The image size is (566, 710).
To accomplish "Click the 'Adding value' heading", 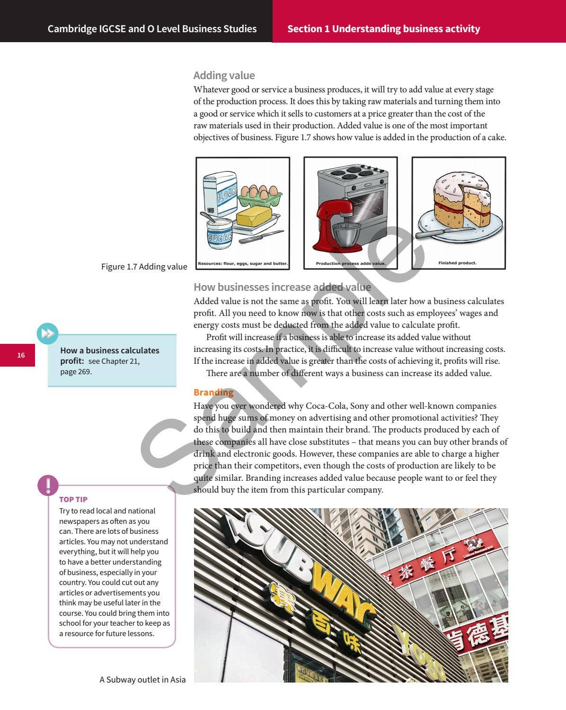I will click(224, 75).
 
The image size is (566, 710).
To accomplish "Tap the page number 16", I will click(21, 355).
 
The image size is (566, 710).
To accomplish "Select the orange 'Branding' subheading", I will click(213, 392).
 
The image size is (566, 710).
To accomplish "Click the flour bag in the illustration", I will click(220, 192).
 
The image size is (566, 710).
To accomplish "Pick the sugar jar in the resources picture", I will click(220, 233).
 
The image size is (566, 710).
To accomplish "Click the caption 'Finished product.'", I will click(457, 263).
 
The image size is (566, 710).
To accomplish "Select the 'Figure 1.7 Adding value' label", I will click(144, 267).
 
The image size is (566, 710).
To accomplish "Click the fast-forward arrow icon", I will click(47, 333).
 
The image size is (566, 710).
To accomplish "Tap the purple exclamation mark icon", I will click(48, 485).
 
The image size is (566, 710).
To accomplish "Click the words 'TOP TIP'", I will click(73, 499).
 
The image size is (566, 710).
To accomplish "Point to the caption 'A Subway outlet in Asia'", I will click(142, 680).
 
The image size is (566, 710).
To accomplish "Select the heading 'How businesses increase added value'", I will click(282, 287).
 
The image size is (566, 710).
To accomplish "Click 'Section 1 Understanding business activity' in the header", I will click(383, 29).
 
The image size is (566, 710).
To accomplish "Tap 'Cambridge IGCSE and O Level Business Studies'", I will click(152, 29).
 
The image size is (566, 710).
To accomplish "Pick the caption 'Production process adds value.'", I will click(351, 263).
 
